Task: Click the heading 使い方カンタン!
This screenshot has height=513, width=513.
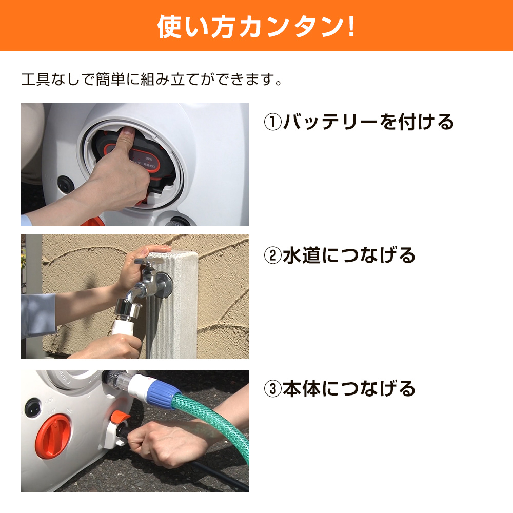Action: (256, 27)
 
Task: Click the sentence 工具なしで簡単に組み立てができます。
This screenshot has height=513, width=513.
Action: (151, 80)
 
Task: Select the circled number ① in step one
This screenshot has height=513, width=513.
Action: (272, 122)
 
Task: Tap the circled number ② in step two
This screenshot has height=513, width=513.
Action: (272, 255)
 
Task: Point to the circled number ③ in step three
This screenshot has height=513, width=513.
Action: (272, 389)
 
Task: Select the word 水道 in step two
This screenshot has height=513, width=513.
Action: (302, 255)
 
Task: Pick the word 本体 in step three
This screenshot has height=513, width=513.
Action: (302, 389)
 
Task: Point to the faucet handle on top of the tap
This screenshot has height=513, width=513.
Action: (149, 262)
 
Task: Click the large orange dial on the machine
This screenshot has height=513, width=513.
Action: (52, 437)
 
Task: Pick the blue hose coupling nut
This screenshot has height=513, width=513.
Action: (163, 393)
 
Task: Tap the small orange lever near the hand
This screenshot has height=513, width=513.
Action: (120, 417)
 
